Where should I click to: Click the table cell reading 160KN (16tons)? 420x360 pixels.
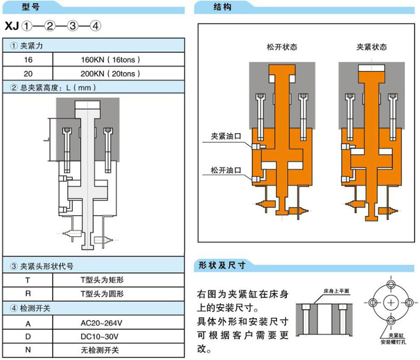click(x=110, y=60)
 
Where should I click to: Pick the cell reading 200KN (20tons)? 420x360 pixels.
click(x=110, y=73)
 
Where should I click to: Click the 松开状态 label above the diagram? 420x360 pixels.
click(x=282, y=47)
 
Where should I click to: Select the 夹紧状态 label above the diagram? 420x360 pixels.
click(x=372, y=47)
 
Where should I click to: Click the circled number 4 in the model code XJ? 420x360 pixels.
click(x=95, y=26)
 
